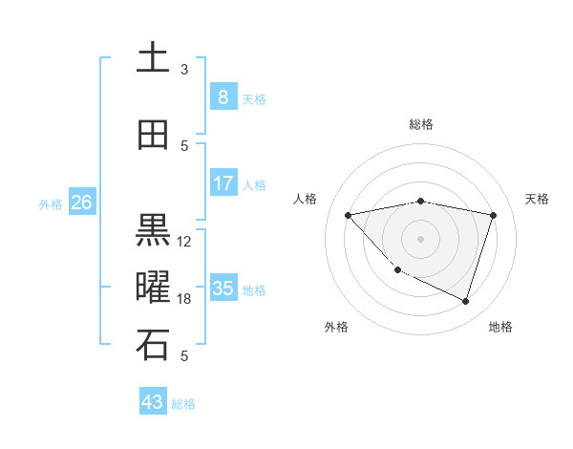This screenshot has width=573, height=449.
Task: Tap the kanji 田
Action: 153,136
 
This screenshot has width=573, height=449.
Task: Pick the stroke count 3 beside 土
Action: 184,70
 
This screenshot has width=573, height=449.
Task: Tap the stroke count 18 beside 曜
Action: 184,299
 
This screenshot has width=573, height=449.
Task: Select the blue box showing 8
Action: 223,97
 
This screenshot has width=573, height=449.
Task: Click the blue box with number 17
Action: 223,183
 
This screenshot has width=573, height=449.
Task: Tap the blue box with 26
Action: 81,203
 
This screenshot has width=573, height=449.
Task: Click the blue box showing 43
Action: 153,402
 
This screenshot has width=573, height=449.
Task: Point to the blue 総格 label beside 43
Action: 183,404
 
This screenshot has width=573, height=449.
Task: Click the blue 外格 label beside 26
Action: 51,203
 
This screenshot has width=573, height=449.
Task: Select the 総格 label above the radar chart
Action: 421,124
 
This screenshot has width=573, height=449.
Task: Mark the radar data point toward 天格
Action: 494,215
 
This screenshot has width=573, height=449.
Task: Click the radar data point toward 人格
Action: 349,215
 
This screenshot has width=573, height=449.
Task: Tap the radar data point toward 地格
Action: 465,301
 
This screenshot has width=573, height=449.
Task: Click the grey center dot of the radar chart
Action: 421,238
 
